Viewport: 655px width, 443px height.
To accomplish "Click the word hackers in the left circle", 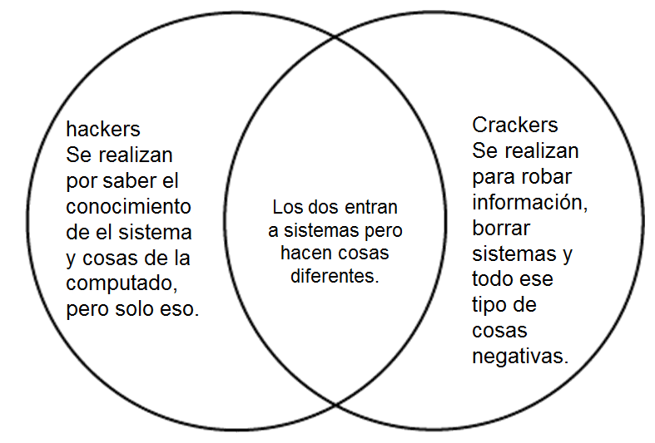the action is (103, 130).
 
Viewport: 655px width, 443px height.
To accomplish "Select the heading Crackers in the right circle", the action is (515, 126).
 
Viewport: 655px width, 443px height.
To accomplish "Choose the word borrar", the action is (501, 227).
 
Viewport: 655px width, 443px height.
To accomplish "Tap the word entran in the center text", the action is (370, 207).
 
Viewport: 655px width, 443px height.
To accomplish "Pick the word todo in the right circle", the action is (494, 278).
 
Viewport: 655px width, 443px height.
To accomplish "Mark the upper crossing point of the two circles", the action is (335, 36).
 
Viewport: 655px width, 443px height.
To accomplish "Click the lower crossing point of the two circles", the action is (335, 405).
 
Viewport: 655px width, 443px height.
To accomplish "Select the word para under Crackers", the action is (494, 177).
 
